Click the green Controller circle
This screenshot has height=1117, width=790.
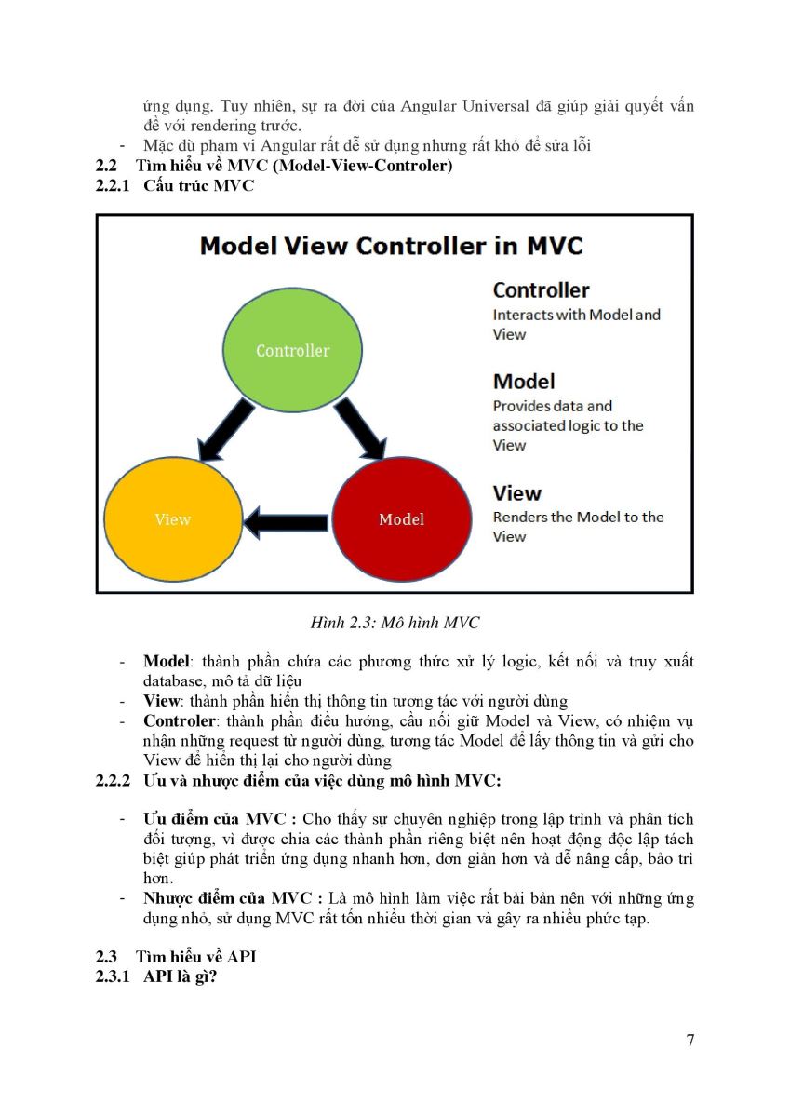292,350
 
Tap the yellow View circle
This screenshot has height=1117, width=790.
173,519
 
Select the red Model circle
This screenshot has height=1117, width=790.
402,519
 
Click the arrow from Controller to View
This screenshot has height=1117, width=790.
226,430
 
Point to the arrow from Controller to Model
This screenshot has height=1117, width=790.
360,429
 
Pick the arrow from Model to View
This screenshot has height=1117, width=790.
286,522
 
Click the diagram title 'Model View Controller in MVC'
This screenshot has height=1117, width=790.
391,246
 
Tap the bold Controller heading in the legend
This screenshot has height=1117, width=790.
541,290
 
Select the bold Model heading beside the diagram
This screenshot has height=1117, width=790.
523,382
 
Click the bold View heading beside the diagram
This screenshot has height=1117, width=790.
516,493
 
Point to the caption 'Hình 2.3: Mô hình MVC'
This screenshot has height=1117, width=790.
395,623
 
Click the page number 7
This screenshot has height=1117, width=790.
690,1041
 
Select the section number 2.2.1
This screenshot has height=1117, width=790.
113,185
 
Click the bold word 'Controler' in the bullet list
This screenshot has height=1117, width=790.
179,721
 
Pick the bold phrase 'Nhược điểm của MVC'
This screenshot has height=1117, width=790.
227,898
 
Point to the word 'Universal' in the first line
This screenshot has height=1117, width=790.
495,106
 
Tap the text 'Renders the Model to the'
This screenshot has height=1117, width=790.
578,518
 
